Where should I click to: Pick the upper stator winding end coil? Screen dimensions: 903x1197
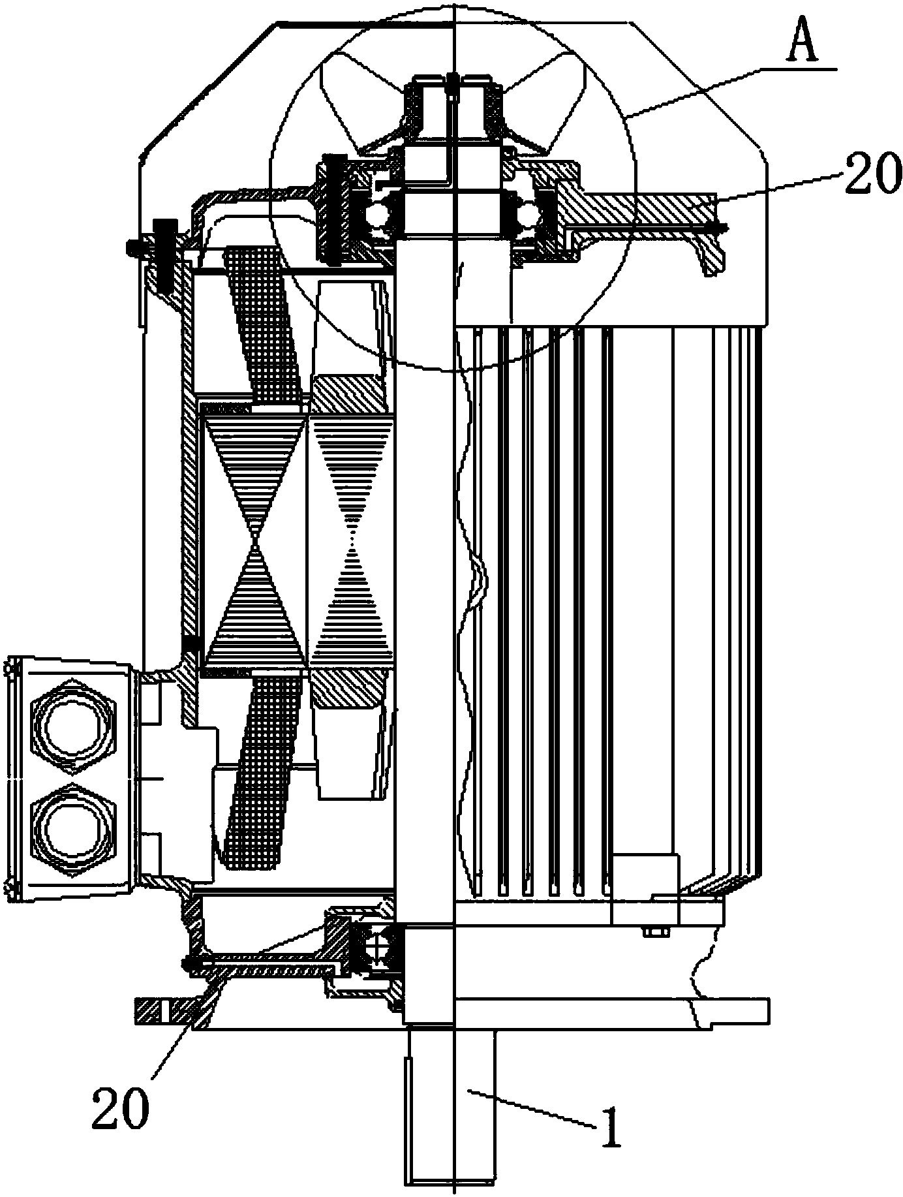click(261, 323)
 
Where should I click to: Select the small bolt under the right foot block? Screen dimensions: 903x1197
click(652, 932)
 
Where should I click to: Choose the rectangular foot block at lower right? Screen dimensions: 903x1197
click(645, 888)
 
